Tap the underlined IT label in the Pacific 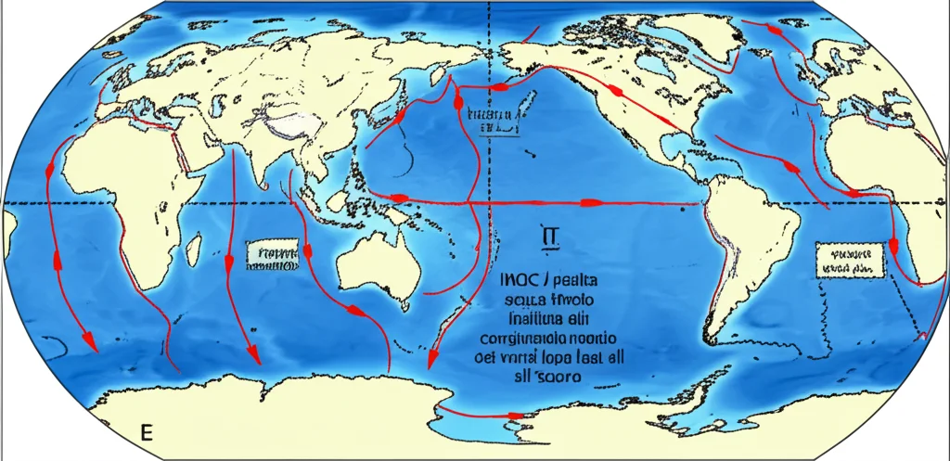click(546, 239)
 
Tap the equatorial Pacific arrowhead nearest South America click(588, 201)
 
